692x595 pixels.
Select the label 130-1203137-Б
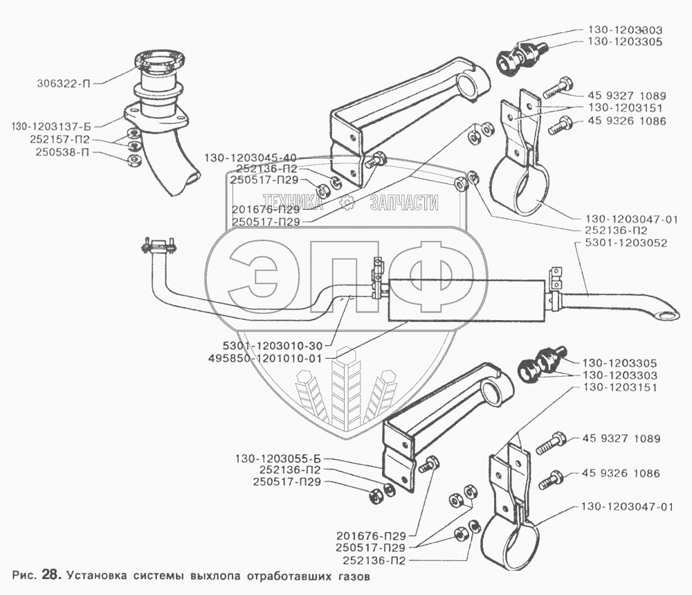coord(52,126)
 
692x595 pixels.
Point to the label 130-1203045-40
coord(249,157)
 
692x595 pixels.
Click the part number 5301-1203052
coord(617,243)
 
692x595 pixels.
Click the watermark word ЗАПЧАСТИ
coord(404,202)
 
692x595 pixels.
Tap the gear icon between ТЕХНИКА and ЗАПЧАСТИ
coord(347,203)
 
